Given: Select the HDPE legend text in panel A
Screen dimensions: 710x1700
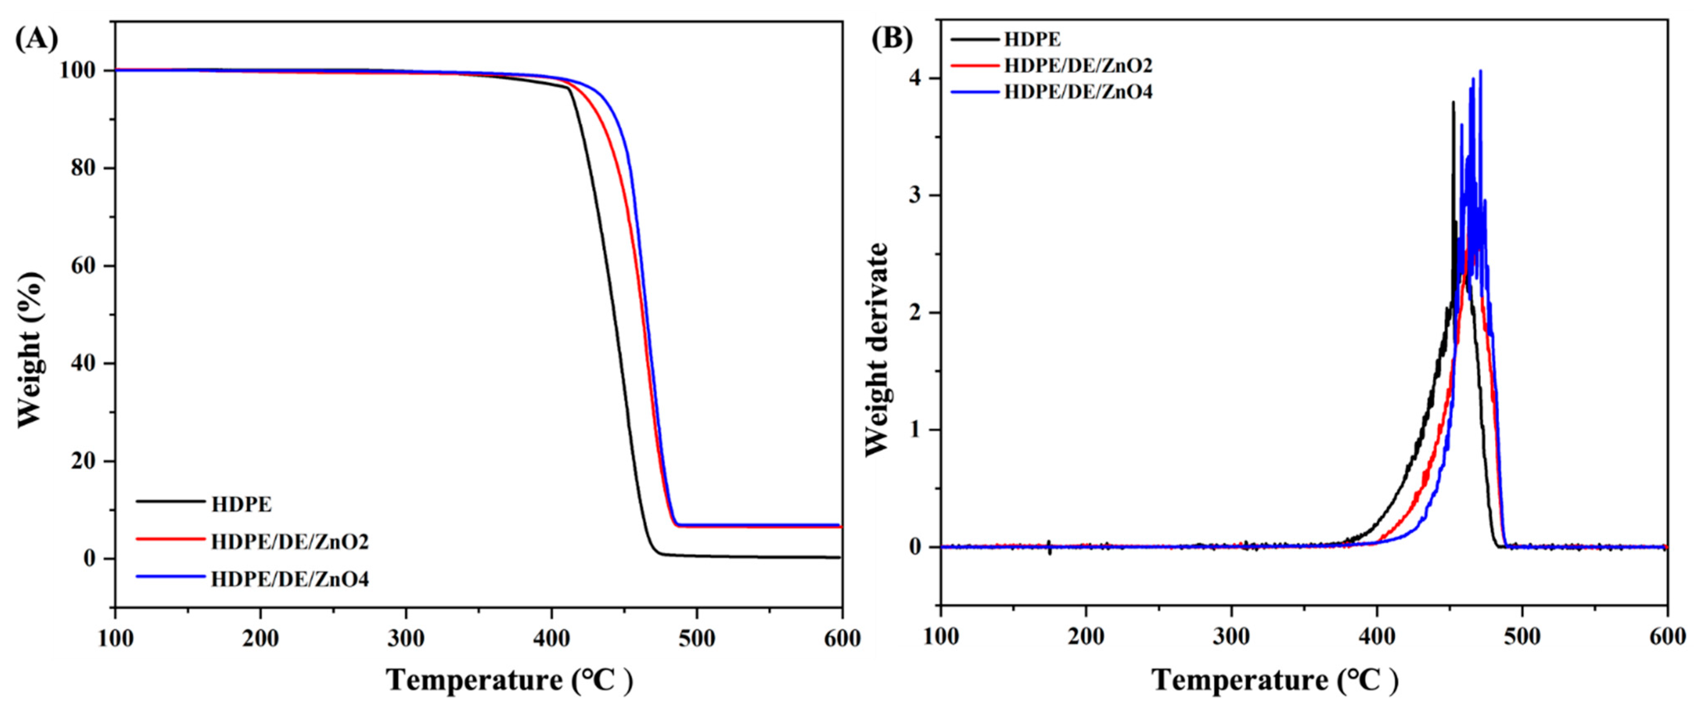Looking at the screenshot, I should pyautogui.click(x=241, y=505).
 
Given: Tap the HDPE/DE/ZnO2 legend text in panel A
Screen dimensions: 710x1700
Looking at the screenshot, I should pyautogui.click(x=290, y=542).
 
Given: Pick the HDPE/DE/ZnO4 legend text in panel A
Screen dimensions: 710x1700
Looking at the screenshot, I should pyautogui.click(x=290, y=579).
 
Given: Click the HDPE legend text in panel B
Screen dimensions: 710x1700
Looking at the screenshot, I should pyautogui.click(x=1032, y=39).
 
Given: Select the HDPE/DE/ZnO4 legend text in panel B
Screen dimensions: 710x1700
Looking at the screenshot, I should pyautogui.click(x=1078, y=92).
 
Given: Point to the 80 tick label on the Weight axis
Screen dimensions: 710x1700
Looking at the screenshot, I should pyautogui.click(x=85, y=168).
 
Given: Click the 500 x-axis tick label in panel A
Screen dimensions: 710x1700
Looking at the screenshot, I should pyautogui.click(x=696, y=638).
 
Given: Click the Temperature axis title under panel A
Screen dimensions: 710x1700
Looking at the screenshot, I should pyautogui.click(x=509, y=680).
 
